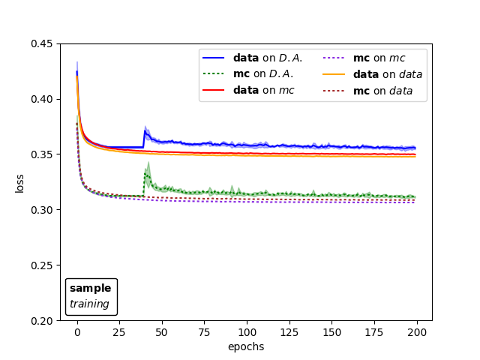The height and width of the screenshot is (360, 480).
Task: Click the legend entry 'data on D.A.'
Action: pos(268,58)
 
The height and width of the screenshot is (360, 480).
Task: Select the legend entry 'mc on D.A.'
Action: pos(262,74)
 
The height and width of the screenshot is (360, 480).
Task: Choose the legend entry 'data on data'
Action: pos(387,74)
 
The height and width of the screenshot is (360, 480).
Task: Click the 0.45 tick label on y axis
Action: pos(41,43)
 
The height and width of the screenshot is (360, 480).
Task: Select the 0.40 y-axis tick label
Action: pos(41,99)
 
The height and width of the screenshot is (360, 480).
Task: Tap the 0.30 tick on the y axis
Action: pos(41,210)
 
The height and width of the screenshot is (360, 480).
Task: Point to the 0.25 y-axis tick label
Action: pos(41,265)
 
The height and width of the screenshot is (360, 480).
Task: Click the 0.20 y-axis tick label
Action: pos(41,321)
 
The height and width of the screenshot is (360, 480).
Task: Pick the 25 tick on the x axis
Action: pos(119,332)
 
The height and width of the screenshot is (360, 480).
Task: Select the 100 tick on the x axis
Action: pos(247,332)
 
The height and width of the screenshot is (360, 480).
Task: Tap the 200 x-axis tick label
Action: pos(417,332)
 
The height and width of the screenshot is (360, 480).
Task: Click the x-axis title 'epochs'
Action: pos(246,346)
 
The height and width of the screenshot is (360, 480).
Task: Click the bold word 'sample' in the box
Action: pos(90,288)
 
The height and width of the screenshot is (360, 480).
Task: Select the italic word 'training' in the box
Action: pos(89,304)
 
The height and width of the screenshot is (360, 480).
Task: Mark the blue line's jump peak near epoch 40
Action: pos(145,131)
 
